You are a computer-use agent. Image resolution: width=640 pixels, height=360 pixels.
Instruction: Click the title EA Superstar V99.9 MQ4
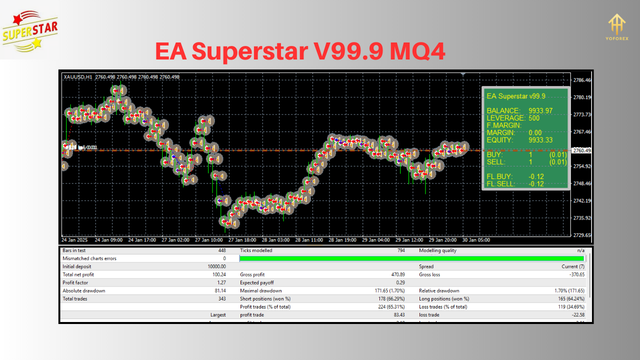pyautogui.click(x=300, y=51)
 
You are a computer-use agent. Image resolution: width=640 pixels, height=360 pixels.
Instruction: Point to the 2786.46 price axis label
pyautogui.click(x=582, y=80)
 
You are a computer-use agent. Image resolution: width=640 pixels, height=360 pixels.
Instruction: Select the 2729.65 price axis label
pyautogui.click(x=582, y=235)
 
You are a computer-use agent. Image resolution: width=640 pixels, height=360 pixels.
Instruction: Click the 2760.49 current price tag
pyautogui.click(x=582, y=150)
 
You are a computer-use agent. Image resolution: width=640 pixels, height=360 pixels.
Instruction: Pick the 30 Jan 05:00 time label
pyautogui.click(x=475, y=240)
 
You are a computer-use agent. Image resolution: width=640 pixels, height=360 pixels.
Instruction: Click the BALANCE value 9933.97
pyautogui.click(x=540, y=110)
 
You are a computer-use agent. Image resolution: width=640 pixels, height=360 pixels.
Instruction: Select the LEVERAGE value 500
pyautogui.click(x=534, y=118)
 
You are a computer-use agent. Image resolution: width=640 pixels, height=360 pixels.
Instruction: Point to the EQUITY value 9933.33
pyautogui.click(x=540, y=140)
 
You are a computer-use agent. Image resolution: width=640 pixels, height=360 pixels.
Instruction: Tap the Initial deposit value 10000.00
pyautogui.click(x=216, y=266)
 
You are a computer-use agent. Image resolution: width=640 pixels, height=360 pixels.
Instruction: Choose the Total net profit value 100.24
pyautogui.click(x=218, y=274)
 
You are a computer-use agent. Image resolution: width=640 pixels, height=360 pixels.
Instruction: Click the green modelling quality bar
pyautogui.click(x=412, y=258)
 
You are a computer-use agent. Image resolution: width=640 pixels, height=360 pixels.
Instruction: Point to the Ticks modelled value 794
pyautogui.click(x=401, y=250)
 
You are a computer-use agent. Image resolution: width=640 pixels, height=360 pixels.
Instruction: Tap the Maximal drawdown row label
pyautogui.click(x=260, y=290)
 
